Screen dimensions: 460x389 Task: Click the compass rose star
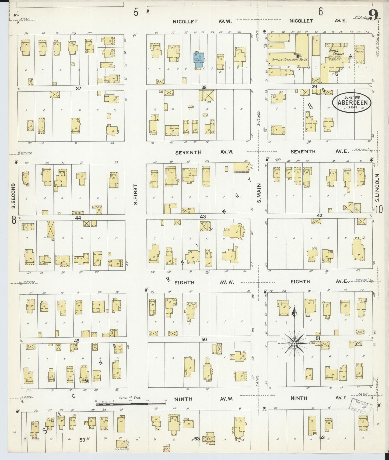295,344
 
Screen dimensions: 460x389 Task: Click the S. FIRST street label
135,194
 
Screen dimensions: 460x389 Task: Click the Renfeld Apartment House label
289,59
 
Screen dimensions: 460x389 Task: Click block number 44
78,218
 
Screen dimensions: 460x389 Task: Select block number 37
78,88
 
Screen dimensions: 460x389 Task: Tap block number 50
204,339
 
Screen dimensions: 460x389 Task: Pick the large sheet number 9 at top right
373,15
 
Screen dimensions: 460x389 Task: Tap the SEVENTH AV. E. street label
319,151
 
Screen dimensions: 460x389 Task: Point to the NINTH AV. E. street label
319,398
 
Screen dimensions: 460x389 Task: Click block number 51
318,338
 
